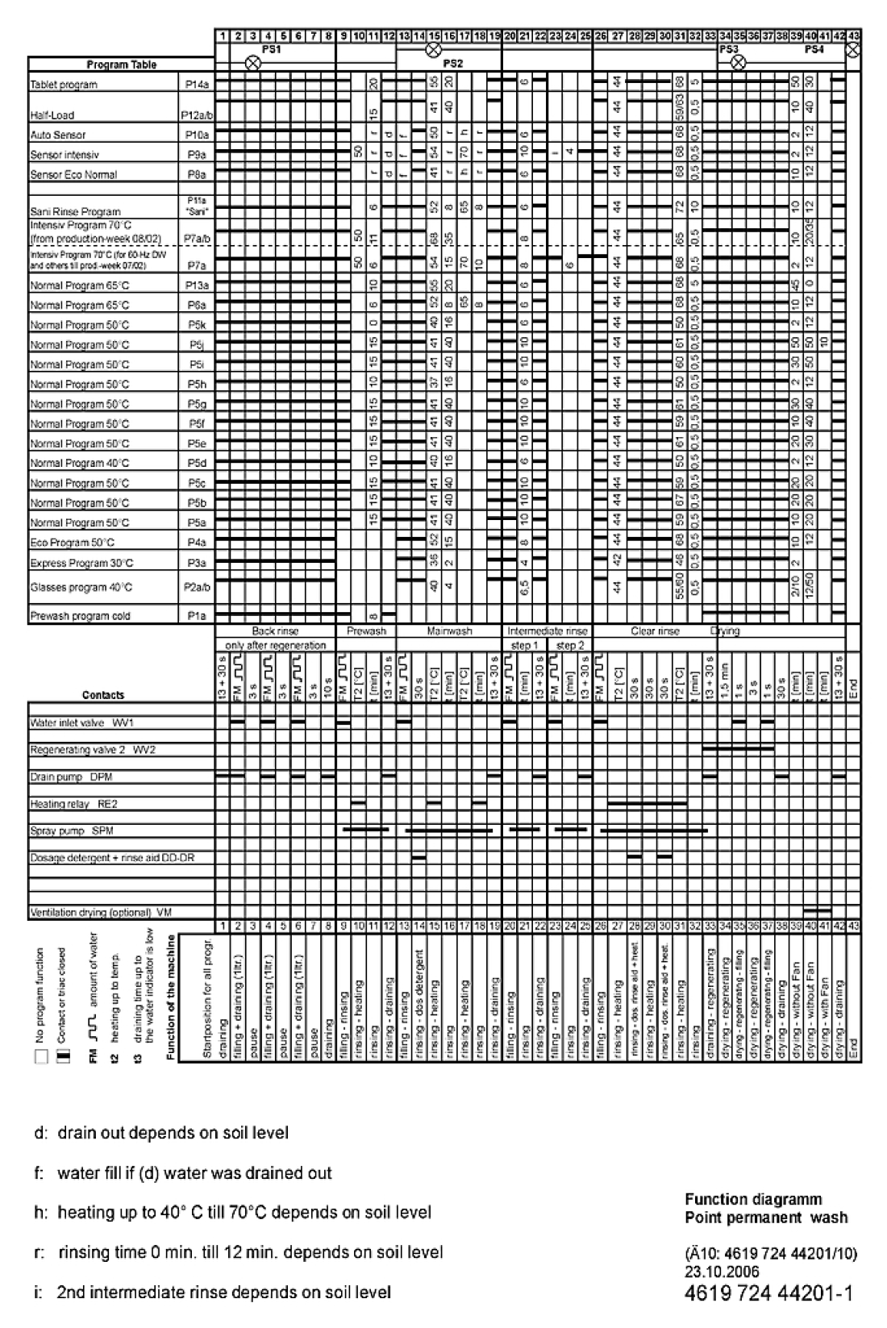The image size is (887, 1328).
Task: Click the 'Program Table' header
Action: click(x=121, y=65)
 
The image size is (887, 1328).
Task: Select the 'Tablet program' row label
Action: click(x=64, y=85)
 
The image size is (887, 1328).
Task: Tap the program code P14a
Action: click(x=195, y=85)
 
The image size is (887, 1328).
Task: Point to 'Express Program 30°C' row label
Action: click(x=81, y=563)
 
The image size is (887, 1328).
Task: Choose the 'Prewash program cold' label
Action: click(x=80, y=616)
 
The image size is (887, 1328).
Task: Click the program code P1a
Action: click(x=195, y=616)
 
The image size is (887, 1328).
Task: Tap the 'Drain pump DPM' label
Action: click(x=70, y=777)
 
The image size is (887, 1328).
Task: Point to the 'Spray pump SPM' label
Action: click(x=71, y=831)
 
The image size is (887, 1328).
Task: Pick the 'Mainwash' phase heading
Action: click(x=449, y=631)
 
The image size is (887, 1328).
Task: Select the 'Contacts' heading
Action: click(x=103, y=695)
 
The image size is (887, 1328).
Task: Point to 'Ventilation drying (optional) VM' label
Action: click(x=101, y=912)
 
